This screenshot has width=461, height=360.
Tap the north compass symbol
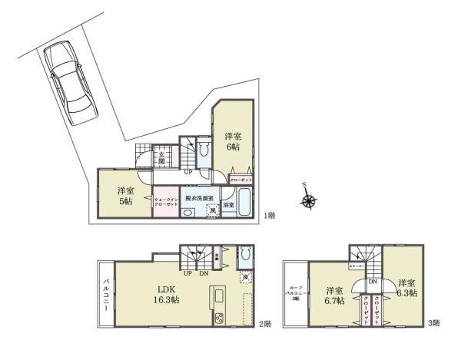309,200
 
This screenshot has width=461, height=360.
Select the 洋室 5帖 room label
124,196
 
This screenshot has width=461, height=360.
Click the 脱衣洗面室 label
199,198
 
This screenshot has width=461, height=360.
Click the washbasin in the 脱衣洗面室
187,212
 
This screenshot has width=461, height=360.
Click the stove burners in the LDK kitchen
218,319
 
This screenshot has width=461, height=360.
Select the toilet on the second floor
244,256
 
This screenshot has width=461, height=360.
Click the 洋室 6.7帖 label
333,295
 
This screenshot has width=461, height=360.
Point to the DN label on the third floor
371,282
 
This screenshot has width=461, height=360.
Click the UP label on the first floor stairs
187,172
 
